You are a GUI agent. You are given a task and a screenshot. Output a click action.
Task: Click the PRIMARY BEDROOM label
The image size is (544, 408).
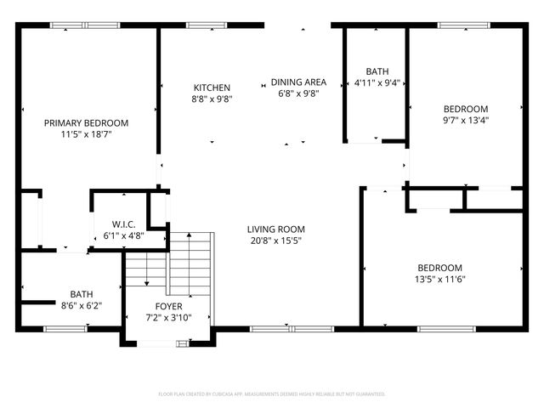[87, 123]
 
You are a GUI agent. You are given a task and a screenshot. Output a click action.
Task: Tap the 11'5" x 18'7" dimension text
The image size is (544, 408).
[87, 134]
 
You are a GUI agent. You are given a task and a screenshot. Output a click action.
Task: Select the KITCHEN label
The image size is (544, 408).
[212, 88]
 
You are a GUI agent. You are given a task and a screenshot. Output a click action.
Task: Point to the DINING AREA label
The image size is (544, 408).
[294, 82]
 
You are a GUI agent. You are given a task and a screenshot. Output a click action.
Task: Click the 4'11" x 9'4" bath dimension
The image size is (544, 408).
[377, 83]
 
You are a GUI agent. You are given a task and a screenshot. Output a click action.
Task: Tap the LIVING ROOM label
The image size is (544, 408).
[275, 229]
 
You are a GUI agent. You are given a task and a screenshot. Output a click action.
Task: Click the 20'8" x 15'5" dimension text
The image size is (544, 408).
[275, 241]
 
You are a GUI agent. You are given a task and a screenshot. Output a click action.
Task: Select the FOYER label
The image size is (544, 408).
[167, 306]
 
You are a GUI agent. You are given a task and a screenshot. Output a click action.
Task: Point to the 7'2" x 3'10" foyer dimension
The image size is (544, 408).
[167, 317]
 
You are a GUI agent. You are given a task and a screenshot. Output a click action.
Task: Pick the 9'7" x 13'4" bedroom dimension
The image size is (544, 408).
[466, 120]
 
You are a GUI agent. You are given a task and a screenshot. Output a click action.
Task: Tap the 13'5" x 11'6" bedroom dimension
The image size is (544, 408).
[439, 279]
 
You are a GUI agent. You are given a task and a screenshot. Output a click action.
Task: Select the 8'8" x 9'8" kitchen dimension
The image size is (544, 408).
[212, 99]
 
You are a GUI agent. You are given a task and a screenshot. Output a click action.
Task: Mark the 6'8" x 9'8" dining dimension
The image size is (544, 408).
[294, 93]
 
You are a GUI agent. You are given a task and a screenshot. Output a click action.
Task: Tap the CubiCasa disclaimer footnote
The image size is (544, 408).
[272, 394]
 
